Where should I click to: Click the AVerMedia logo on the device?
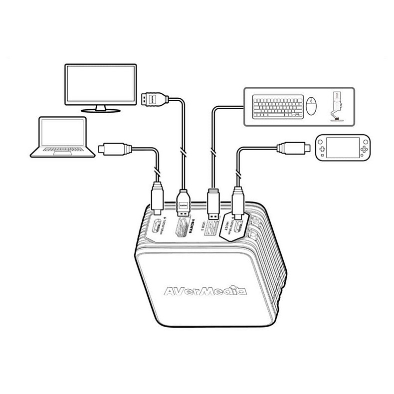(205, 291)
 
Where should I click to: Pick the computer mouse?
(312, 106)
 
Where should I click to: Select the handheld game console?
(344, 148)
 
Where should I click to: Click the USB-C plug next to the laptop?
(115, 149)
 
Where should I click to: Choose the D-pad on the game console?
(323, 148)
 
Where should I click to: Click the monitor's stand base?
(101, 110)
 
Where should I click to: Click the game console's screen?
(344, 148)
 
